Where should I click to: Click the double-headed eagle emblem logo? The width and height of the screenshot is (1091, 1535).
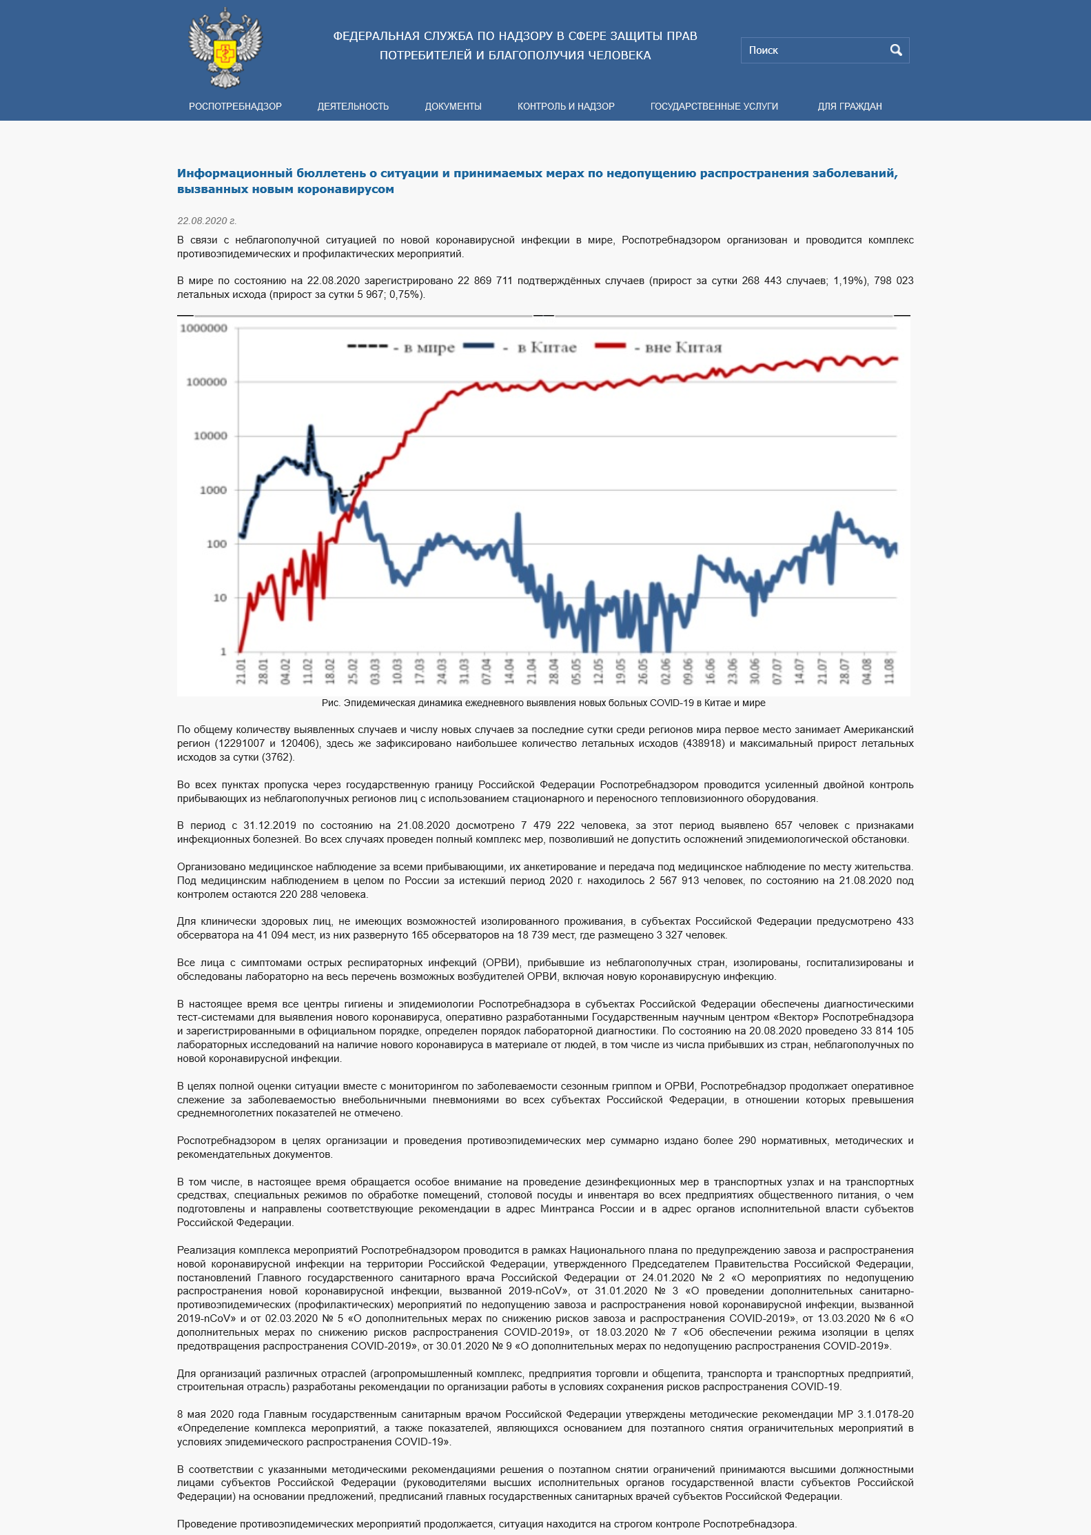[225, 48]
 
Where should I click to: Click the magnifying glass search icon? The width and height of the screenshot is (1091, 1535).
[895, 50]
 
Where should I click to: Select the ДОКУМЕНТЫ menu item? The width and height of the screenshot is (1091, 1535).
[453, 106]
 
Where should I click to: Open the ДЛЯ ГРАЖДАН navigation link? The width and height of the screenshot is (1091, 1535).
[849, 106]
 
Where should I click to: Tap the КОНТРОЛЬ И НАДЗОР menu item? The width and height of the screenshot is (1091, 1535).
[566, 106]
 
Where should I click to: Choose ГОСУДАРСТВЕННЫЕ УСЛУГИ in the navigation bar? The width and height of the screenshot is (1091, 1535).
[714, 106]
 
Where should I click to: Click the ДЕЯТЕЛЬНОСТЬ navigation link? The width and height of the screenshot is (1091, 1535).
[353, 106]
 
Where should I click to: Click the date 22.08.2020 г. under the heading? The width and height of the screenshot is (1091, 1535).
[207, 221]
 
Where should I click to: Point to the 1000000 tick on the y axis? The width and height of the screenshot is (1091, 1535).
[203, 328]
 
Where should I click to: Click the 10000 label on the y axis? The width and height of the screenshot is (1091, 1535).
[210, 436]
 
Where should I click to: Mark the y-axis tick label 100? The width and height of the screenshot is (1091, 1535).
[216, 544]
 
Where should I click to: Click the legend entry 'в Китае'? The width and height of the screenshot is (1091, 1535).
[547, 348]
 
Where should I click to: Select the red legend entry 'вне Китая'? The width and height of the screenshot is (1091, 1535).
[683, 348]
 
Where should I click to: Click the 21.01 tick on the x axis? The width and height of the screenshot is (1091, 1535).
[241, 671]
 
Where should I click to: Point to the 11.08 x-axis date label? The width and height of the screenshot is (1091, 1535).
[889, 671]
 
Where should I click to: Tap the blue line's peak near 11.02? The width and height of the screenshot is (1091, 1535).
[310, 428]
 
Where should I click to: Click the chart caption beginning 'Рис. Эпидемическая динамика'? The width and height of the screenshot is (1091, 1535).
[543, 703]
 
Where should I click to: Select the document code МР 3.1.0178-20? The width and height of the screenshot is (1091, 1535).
[875, 1414]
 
